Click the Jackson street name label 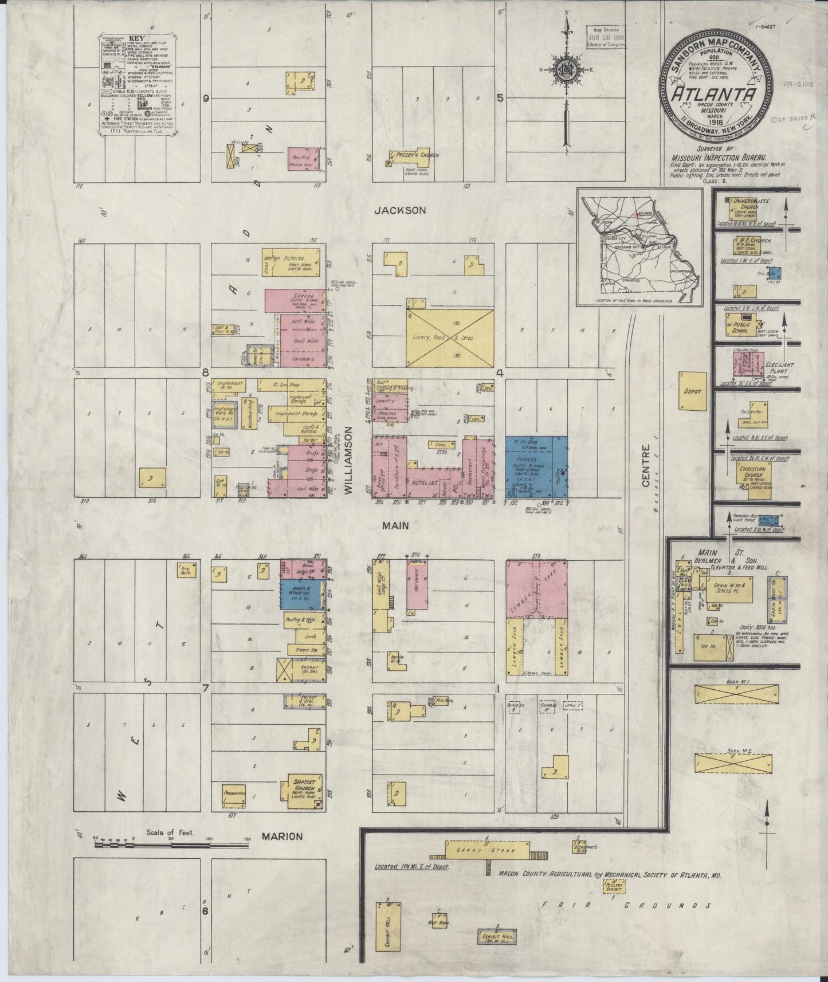click(400, 210)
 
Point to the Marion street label click(282, 836)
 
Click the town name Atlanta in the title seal click(713, 95)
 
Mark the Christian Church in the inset click(751, 478)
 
